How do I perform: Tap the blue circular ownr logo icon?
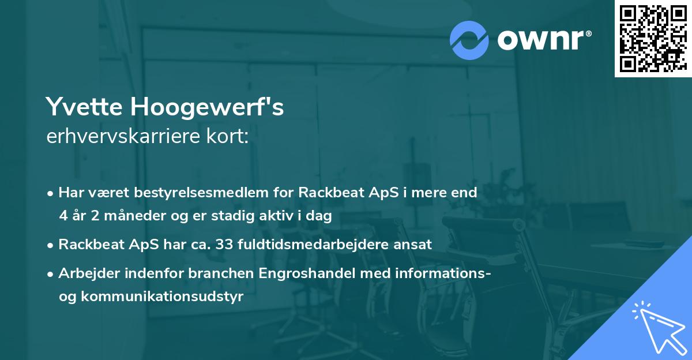[469, 40]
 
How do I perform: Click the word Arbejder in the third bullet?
[85, 273]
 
